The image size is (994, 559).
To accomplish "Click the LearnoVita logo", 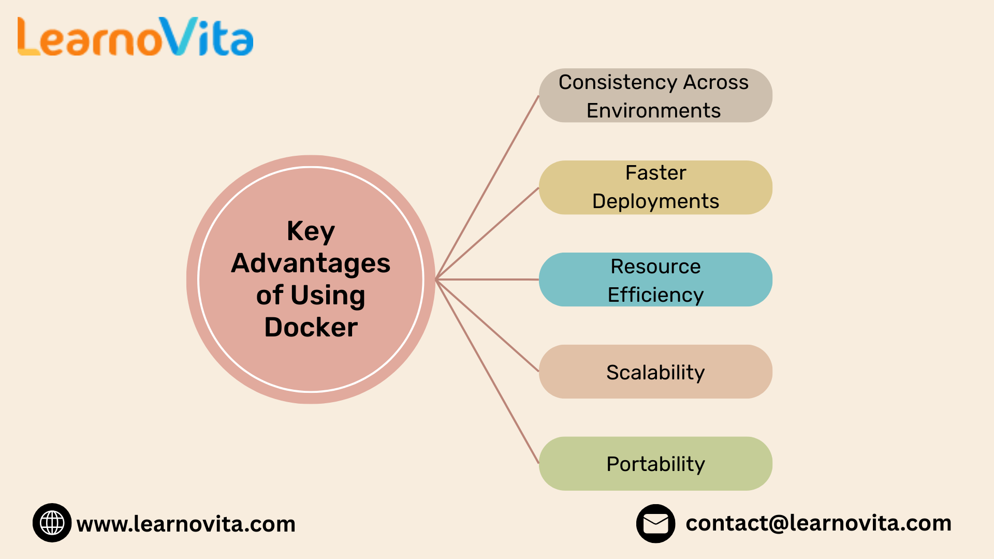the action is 136,36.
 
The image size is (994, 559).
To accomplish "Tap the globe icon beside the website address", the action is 52,523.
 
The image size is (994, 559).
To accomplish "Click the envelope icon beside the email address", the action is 656,523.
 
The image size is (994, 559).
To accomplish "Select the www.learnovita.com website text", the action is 186,524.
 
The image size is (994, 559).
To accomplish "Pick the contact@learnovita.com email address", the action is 818,523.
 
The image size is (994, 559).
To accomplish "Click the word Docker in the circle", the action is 311,327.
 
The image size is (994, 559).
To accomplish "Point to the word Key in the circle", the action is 311,231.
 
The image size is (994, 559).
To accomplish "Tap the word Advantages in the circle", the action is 311,263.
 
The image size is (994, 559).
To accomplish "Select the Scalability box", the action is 655,372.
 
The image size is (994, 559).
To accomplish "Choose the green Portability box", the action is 655,464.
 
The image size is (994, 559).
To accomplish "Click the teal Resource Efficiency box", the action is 655,279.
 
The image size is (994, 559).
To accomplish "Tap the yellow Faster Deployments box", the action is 655,187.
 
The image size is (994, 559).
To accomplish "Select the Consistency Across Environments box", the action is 655,95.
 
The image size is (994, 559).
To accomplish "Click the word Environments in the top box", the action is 653,110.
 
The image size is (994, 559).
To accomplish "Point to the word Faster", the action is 656,173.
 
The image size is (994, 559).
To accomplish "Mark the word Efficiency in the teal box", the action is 655,295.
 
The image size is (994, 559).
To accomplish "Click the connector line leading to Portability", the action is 487,372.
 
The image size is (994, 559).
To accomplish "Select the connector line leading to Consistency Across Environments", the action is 487,187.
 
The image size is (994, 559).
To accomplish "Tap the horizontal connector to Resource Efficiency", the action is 487,279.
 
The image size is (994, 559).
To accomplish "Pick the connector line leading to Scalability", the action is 487,326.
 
